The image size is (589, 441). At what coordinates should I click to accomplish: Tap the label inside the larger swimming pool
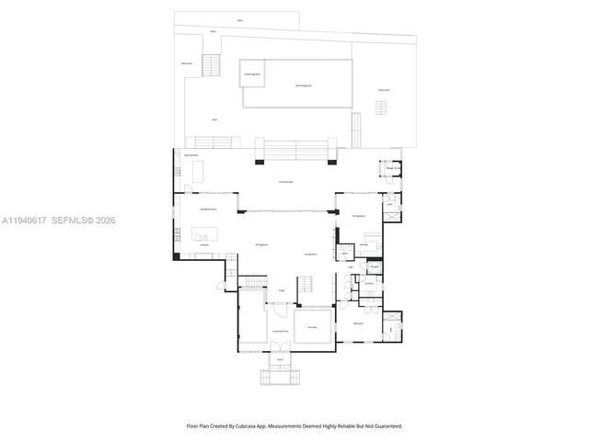coord(303,85)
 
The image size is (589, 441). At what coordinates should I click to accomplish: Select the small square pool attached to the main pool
coord(252,73)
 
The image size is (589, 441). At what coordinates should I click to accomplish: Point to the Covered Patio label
coord(286,182)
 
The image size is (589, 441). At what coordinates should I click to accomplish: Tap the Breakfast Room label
coord(208,209)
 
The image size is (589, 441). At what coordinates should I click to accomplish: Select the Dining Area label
coord(261,244)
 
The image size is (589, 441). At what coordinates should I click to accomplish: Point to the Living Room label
coord(311,254)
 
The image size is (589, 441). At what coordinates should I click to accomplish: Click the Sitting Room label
coord(358,217)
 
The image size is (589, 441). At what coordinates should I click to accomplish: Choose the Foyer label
coord(282,290)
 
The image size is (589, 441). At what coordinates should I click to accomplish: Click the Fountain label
coord(312,327)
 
